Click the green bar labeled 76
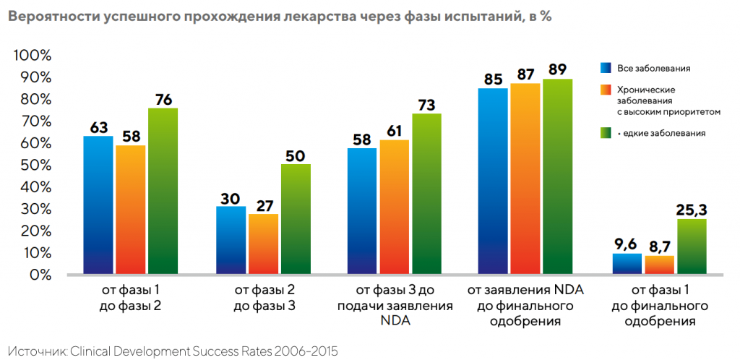pyautogui.click(x=163, y=192)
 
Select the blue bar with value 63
pyautogui.click(x=98, y=205)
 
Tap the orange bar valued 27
pyautogui.click(x=263, y=244)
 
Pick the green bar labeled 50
pyautogui.click(x=296, y=220)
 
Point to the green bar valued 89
pyautogui.click(x=557, y=177)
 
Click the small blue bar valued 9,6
pyautogui.click(x=627, y=264)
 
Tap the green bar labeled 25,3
pyautogui.click(x=692, y=247)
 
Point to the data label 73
pyautogui.click(x=426, y=104)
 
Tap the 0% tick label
pyautogui.click(x=40, y=275)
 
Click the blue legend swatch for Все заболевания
pyautogui.click(x=606, y=68)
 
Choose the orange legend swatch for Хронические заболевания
pyautogui.click(x=606, y=90)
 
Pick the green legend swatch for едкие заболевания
pyautogui.click(x=606, y=133)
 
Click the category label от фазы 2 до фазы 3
pyautogui.click(x=264, y=298)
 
